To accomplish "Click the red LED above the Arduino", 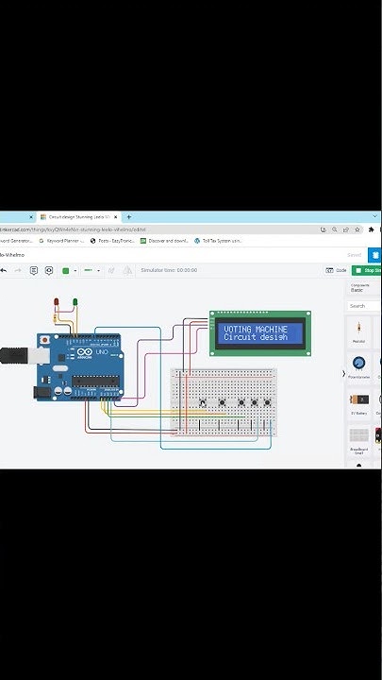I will coord(56,303).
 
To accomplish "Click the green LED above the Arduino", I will coord(75,303).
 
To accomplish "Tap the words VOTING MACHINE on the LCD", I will coord(256,330).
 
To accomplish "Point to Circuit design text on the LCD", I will coord(255,337).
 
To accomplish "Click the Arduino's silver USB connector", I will coord(12,356).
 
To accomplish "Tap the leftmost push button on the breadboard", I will coord(203,403).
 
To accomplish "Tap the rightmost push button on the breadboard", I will coord(268,403).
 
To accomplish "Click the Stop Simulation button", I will coord(367,270).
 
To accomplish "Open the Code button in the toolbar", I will coord(337,270).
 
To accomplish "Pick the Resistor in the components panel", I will coord(358,330).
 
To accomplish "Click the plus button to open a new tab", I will coord(129,217).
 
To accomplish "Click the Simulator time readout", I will coord(169,270).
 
